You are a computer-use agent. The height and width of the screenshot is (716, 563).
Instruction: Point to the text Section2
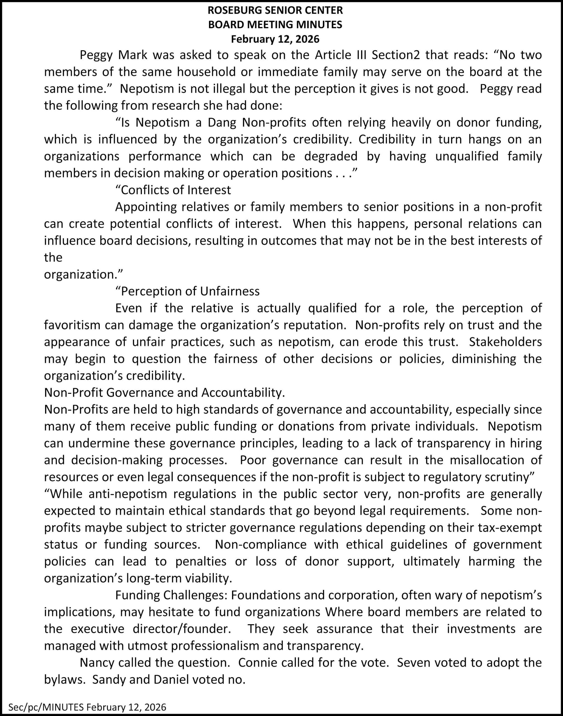tap(396, 55)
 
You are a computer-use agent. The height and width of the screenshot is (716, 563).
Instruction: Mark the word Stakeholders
tap(505, 342)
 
